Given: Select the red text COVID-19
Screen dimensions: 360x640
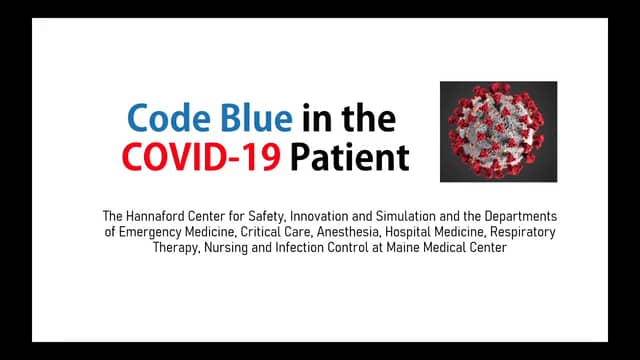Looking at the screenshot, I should (x=200, y=157).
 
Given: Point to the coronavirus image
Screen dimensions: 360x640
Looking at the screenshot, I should (x=498, y=131).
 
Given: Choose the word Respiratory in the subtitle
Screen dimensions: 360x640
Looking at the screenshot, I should (x=521, y=232).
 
